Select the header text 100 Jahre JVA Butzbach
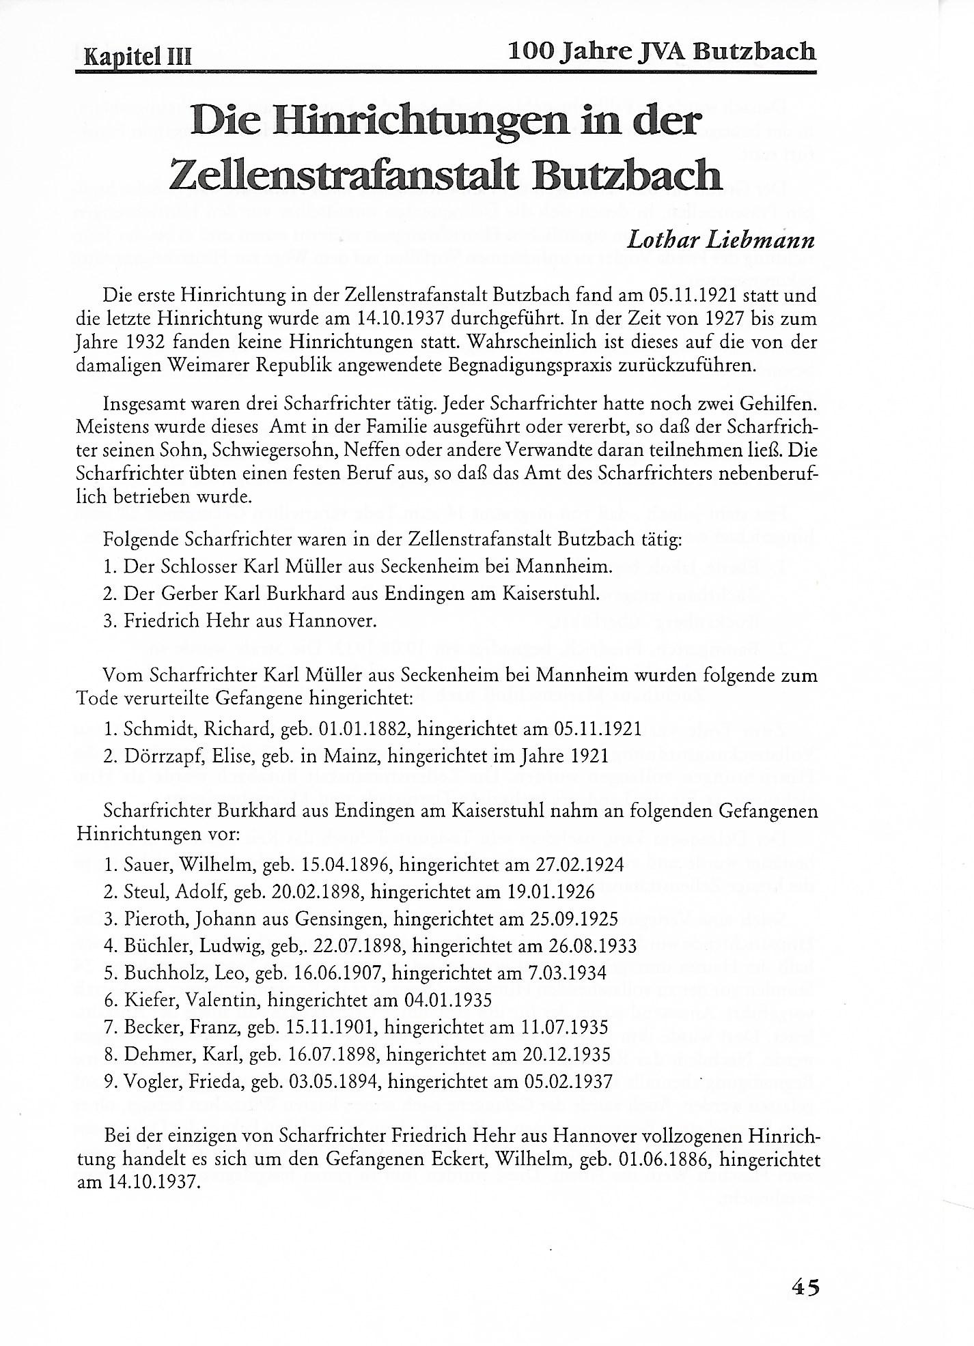[662, 51]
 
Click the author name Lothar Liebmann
[721, 240]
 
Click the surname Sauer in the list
[147, 865]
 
